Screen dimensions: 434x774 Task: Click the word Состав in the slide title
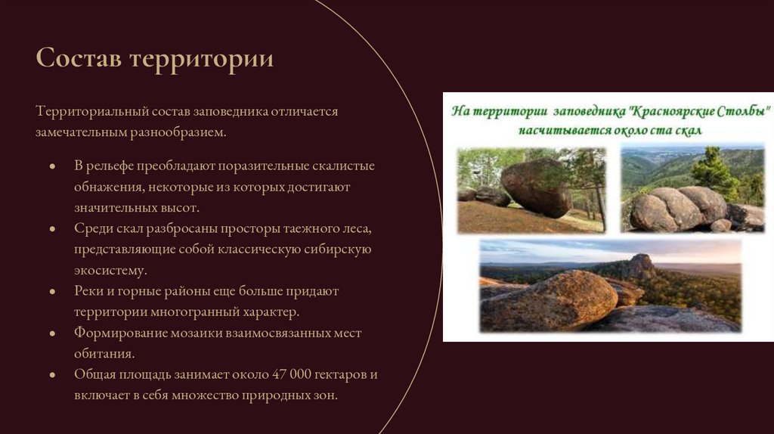pos(78,59)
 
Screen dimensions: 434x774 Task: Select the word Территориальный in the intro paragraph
pos(90,111)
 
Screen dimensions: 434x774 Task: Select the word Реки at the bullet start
pos(87,291)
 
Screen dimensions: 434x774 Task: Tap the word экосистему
pos(110,270)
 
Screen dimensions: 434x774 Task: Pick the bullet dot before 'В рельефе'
pos(52,166)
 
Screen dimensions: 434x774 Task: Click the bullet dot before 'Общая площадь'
pos(52,375)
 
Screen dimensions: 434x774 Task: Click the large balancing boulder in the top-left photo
pos(537,188)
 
